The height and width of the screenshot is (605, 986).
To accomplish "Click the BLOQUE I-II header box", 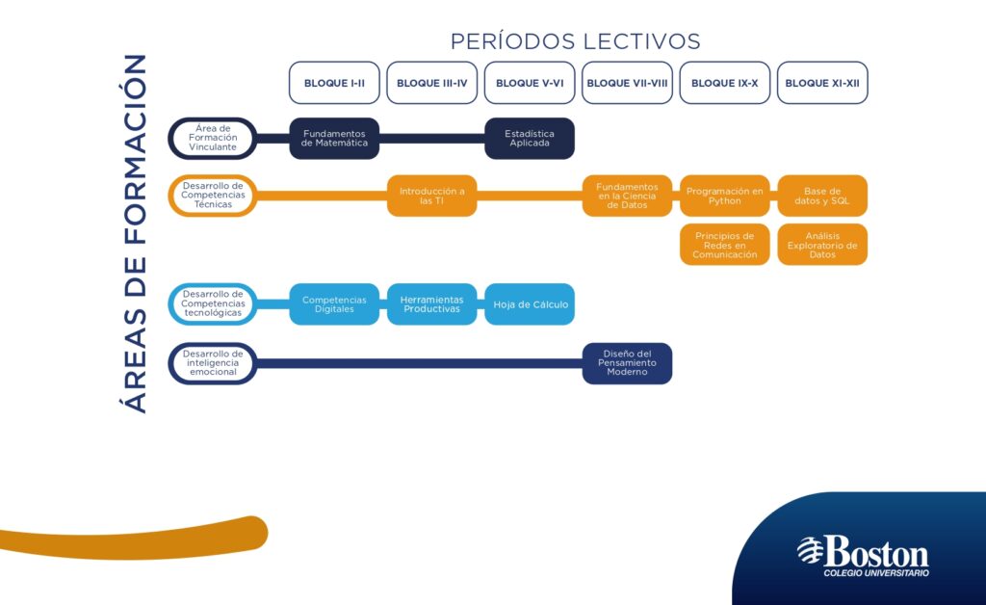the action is click(x=334, y=83).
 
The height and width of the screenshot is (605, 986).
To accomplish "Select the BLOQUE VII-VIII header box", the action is click(x=627, y=83).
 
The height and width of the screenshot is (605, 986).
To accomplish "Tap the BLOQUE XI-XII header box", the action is click(x=822, y=83).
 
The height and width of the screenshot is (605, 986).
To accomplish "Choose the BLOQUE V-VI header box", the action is click(x=530, y=83).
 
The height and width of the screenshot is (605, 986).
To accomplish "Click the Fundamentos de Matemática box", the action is click(x=334, y=139).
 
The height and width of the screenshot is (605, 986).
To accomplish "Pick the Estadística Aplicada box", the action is click(x=530, y=139).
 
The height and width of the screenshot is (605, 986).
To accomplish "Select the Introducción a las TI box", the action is click(x=432, y=196).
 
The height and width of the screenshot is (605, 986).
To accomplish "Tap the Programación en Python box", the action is click(x=724, y=196).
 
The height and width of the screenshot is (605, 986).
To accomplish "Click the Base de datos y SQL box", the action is click(x=822, y=196).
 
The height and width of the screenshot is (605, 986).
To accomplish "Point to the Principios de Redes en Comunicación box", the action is click(x=724, y=245).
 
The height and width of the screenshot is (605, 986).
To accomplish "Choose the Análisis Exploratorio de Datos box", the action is click(x=822, y=245).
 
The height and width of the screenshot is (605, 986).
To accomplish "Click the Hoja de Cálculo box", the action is click(x=530, y=304).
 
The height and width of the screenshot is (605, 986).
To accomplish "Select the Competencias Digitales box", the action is click(x=334, y=304).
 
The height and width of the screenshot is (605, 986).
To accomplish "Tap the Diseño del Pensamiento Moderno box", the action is click(x=627, y=363).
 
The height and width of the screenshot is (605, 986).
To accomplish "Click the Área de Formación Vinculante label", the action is click(x=213, y=138).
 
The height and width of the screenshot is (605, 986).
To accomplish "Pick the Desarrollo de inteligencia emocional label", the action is click(x=213, y=363).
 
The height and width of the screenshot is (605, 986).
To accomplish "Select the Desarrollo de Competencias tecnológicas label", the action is click(x=213, y=303).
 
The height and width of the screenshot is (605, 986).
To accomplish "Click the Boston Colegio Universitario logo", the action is click(x=863, y=555).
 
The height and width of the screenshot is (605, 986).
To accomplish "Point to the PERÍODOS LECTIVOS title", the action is click(x=576, y=41).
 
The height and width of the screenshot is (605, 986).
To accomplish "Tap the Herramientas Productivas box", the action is click(x=432, y=304).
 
